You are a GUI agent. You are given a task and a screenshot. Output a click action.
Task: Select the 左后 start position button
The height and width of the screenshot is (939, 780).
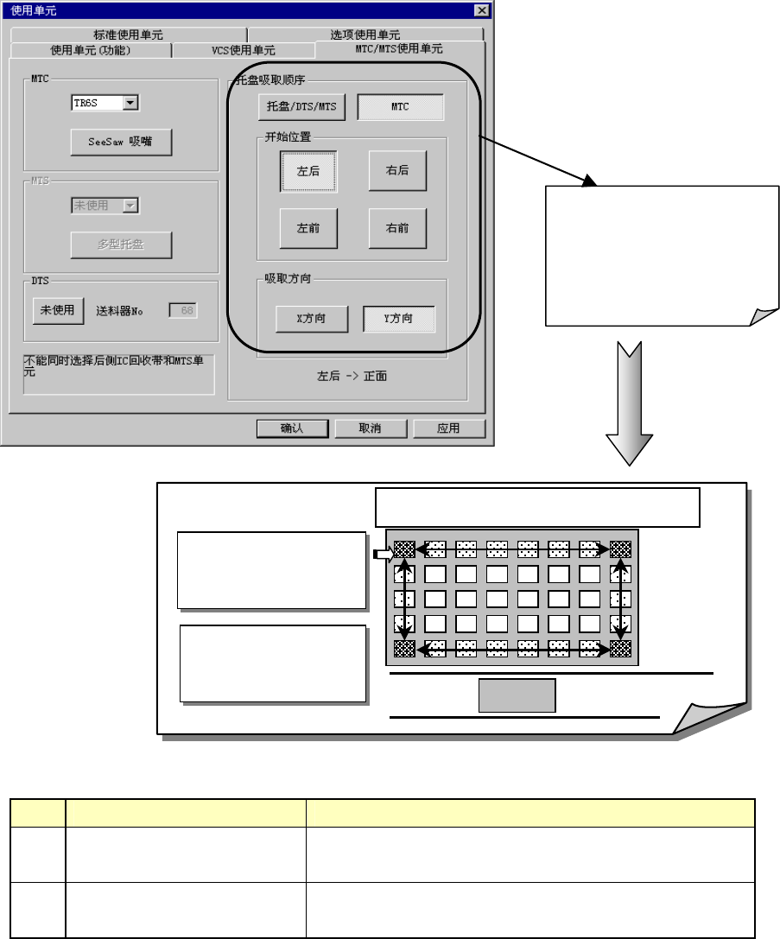point(308,171)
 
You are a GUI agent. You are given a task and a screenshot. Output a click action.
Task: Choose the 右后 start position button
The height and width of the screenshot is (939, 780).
point(397,171)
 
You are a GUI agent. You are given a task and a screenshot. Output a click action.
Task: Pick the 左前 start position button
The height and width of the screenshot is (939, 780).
point(308,229)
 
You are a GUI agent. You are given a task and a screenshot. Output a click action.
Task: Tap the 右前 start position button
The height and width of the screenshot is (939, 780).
point(397,229)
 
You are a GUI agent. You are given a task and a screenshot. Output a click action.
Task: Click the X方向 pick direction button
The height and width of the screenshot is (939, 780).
point(312,319)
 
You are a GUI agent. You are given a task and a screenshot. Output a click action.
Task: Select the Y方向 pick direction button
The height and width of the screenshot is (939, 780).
point(398,319)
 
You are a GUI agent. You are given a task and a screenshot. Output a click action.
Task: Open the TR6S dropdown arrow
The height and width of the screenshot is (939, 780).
point(130,103)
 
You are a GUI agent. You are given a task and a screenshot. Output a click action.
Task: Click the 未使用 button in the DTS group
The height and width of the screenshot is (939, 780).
point(58,310)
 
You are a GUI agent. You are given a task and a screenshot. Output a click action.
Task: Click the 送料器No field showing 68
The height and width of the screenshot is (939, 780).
point(182,310)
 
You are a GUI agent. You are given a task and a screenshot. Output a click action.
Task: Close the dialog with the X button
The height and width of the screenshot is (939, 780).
point(482,10)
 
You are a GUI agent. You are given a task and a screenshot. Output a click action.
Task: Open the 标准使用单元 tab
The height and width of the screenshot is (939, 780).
point(128,35)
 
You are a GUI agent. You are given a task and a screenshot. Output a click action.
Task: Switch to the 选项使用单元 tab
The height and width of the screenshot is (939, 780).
point(365,35)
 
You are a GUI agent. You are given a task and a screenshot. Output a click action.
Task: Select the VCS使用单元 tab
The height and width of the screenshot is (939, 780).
point(244,50)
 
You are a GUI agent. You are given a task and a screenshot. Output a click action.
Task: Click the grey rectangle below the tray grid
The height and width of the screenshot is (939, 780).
point(517,695)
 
